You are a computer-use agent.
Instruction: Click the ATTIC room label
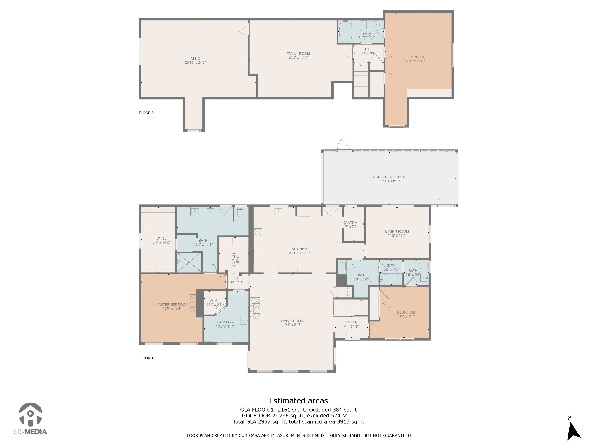(195, 59)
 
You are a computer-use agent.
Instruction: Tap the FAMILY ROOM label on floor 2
(298, 53)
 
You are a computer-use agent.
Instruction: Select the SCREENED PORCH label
(389, 177)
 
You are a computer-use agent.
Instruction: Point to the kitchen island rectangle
(294, 238)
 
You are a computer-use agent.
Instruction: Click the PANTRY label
(350, 223)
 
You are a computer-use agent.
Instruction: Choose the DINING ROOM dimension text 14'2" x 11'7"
(397, 235)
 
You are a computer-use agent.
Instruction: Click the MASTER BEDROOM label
(172, 304)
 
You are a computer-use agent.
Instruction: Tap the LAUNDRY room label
(225, 322)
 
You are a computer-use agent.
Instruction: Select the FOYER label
(352, 322)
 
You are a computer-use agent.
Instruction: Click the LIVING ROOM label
(292, 321)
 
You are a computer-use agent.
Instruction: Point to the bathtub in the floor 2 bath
(345, 32)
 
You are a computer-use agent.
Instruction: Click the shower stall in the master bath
(189, 262)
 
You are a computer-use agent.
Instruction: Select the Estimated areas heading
(298, 400)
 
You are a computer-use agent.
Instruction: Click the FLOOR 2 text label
(146, 113)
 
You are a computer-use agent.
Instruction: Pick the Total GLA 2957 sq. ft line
(298, 421)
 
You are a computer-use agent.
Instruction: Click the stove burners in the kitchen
(258, 232)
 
